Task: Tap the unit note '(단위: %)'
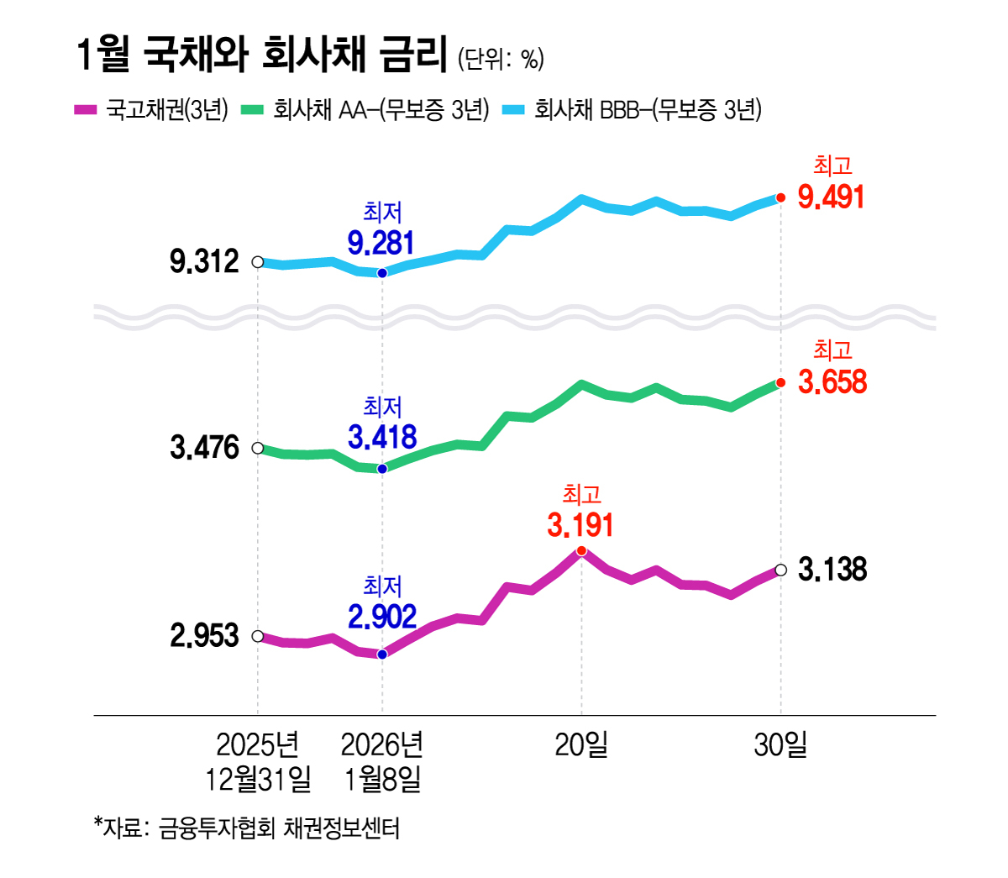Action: [x=501, y=59]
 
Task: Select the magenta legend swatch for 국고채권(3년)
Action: [x=87, y=110]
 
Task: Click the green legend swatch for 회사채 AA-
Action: [x=252, y=110]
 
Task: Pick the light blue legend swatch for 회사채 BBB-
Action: [x=513, y=110]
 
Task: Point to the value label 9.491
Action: [x=831, y=197]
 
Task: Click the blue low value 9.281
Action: [x=381, y=244]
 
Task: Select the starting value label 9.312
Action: [x=204, y=262]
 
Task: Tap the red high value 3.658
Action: [x=832, y=382]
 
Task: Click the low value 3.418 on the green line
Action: [x=382, y=438]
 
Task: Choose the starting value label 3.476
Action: [x=204, y=448]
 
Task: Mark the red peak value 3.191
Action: [x=580, y=526]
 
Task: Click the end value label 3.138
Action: [x=832, y=570]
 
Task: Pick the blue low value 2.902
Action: [x=382, y=618]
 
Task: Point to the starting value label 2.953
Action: [x=204, y=636]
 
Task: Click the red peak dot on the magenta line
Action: [x=581, y=551]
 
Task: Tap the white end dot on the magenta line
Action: [x=780, y=570]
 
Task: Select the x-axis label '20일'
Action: [x=581, y=744]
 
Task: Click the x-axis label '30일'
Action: [x=780, y=744]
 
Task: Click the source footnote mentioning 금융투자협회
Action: [x=247, y=828]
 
